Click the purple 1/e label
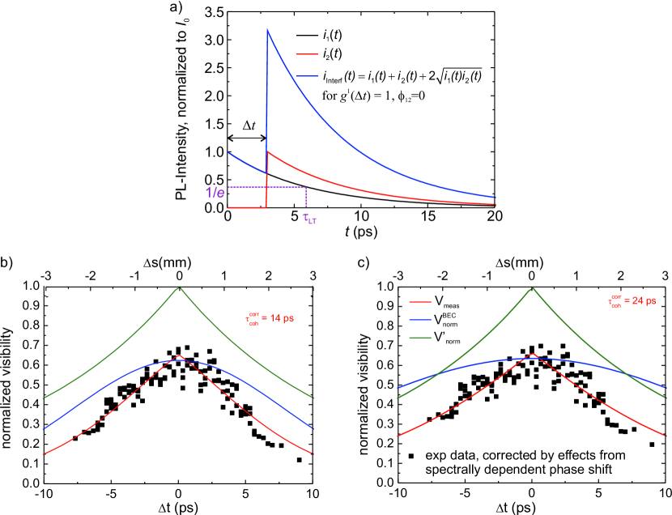point(215,193)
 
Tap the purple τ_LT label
point(309,217)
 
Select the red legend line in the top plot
point(307,54)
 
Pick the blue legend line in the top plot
point(307,76)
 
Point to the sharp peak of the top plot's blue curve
point(268,30)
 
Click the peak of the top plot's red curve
point(268,151)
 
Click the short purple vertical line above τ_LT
point(305,197)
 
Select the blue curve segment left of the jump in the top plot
point(245,163)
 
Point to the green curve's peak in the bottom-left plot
point(180,287)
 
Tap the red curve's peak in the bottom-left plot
point(180,355)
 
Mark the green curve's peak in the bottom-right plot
point(533,287)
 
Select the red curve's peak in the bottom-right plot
point(533,353)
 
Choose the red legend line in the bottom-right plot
point(420,301)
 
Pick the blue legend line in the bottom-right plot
point(420,320)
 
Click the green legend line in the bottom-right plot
point(420,338)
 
